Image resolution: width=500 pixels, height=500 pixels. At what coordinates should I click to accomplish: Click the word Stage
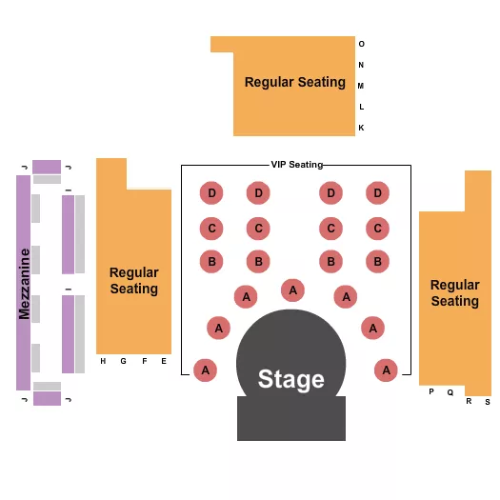click(290, 379)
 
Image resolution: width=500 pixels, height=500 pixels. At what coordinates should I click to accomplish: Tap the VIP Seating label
click(296, 165)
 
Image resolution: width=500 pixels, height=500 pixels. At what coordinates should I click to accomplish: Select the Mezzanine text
click(24, 283)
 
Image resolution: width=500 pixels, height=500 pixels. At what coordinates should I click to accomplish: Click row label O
click(361, 44)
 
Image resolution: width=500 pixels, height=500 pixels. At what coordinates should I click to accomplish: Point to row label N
click(361, 65)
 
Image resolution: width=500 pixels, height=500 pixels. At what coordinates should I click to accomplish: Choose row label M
click(361, 86)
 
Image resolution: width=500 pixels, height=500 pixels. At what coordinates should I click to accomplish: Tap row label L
click(361, 107)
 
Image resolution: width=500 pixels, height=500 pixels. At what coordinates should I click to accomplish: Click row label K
click(361, 128)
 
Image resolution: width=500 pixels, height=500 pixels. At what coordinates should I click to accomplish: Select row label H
click(103, 361)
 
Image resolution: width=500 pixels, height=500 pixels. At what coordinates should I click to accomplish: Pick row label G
click(123, 361)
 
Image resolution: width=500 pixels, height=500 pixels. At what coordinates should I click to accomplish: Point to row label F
click(145, 361)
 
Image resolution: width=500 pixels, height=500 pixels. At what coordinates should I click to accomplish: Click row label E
click(164, 361)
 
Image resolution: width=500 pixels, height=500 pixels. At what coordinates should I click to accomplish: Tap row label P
click(430, 391)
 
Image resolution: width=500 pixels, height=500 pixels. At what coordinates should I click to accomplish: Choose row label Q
click(450, 391)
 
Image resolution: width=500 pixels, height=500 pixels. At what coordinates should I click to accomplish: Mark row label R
click(469, 401)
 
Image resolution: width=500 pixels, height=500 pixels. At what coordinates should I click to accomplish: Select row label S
click(487, 401)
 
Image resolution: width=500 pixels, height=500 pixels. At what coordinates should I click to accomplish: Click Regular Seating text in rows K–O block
click(295, 82)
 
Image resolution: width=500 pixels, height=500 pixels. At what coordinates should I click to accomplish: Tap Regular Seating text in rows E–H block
click(133, 280)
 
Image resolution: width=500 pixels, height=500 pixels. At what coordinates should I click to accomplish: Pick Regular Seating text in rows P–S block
click(454, 292)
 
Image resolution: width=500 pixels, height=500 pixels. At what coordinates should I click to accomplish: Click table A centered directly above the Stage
click(293, 290)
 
